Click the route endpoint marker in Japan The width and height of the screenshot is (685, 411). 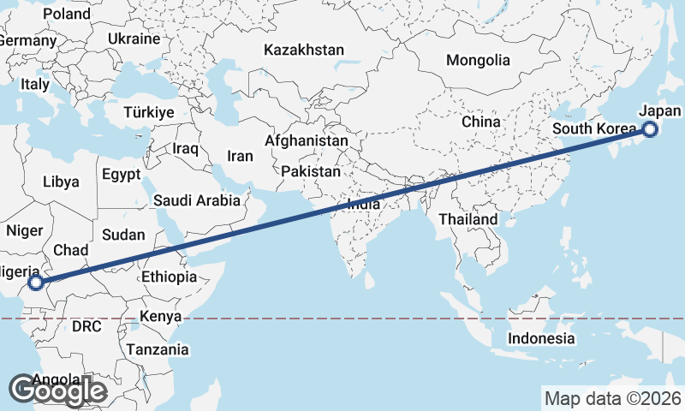[x=650, y=129]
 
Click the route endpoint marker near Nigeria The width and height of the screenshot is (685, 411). [x=35, y=282]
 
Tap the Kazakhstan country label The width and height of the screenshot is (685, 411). [x=304, y=50]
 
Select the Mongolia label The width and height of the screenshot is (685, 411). [x=478, y=60]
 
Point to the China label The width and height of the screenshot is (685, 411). [x=480, y=122]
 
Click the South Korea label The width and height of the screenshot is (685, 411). [x=595, y=128]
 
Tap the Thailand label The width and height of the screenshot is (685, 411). [x=468, y=219]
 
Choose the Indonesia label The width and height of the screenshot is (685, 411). [x=541, y=338]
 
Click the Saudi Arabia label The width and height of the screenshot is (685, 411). [x=197, y=201]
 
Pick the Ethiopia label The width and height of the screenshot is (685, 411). [x=169, y=277]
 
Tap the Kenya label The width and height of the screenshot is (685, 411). [x=161, y=316]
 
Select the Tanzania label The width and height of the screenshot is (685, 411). [x=158, y=349]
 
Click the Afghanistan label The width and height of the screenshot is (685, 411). [x=307, y=140]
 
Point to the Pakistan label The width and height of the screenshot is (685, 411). [x=310, y=171]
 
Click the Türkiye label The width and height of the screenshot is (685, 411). [x=149, y=112]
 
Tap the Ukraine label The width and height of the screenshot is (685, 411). [x=134, y=39]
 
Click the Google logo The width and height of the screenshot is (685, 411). [x=57, y=390]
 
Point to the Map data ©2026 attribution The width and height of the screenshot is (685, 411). [x=613, y=398]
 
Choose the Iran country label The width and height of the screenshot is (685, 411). [x=240, y=156]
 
